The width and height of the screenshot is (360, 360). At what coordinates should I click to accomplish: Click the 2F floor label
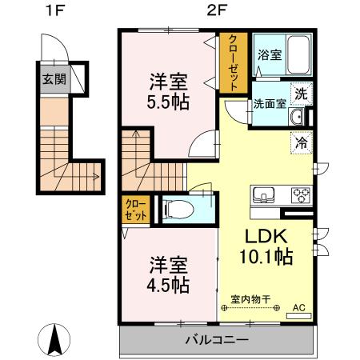click(214, 12)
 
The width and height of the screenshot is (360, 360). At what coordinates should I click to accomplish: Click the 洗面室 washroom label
click(269, 103)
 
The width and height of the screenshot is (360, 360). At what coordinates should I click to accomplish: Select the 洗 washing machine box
click(301, 94)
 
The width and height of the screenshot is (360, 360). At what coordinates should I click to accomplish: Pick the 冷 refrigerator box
click(302, 145)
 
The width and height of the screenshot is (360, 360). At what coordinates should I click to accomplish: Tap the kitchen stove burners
click(301, 194)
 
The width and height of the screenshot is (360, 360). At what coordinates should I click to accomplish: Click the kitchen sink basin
click(266, 194)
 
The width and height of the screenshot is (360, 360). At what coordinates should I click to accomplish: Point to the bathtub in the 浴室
click(299, 54)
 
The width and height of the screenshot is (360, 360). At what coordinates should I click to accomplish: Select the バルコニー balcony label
click(216, 339)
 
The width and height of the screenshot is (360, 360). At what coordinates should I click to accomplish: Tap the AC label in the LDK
click(300, 307)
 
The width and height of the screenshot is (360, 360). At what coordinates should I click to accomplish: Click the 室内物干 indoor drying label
click(250, 298)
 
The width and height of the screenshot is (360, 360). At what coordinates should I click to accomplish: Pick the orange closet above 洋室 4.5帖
click(134, 210)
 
